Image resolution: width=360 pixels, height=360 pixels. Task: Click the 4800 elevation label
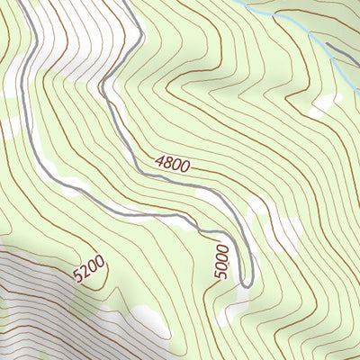click(174, 166)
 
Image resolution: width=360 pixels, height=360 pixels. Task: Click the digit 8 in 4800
click(169, 165)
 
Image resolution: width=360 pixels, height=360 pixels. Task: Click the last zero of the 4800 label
click(187, 169)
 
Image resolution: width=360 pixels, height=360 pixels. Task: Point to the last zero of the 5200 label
click(102, 261)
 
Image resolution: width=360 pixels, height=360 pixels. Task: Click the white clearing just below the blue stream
click(324, 103)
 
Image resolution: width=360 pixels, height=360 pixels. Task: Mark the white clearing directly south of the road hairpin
click(236, 310)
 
